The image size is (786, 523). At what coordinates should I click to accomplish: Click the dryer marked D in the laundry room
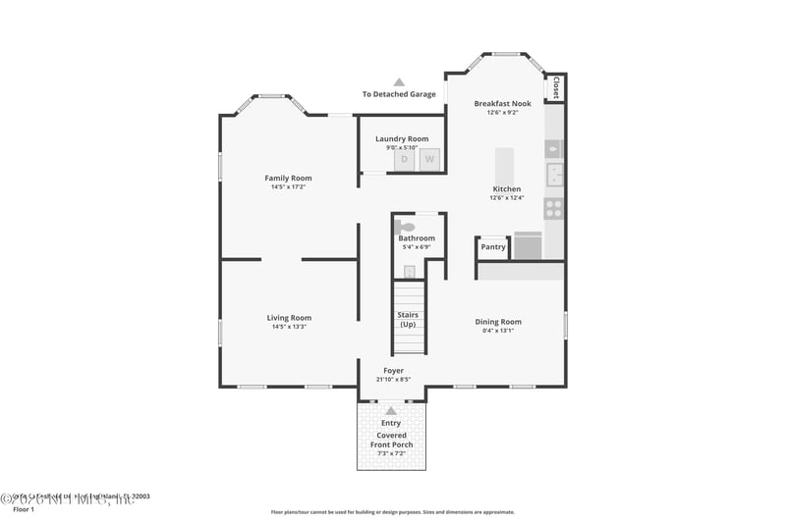404,159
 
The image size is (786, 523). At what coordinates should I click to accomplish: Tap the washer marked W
428,159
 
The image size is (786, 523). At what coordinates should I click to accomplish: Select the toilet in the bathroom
407,227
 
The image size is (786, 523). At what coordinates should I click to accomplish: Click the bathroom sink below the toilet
410,272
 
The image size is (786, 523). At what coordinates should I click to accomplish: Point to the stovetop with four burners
554,208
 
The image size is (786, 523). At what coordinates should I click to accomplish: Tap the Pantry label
493,247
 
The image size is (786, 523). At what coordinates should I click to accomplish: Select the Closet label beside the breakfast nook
556,88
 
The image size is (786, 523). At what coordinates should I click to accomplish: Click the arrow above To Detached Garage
399,82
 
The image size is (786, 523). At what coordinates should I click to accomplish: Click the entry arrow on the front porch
391,410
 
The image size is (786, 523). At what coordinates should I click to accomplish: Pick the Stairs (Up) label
408,320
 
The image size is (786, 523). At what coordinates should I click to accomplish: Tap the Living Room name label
289,317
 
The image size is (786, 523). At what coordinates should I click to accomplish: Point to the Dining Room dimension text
498,331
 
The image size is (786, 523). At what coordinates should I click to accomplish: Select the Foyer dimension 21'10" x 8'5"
393,379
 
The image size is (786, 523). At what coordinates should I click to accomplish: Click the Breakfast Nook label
502,103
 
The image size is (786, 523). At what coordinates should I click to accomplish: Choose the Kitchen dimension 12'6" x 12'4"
507,197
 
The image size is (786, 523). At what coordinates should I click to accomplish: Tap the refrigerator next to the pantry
528,245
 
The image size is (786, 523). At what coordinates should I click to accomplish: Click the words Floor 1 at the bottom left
23,510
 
